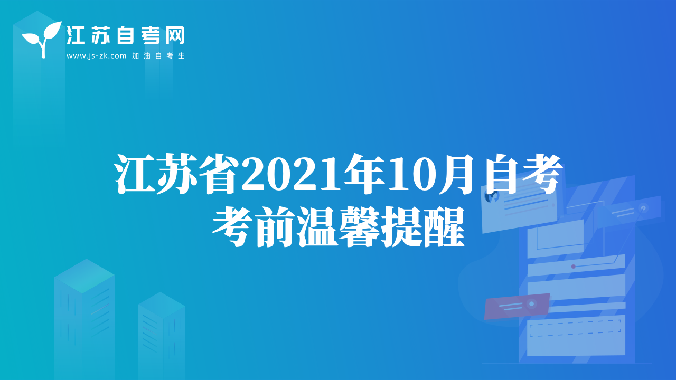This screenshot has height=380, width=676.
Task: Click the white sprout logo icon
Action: (42, 39)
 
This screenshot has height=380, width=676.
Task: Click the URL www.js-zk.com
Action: (96, 56)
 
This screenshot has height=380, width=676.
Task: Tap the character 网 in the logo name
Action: (175, 35)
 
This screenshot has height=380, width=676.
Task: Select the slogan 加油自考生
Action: (158, 56)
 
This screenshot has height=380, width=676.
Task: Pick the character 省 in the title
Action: (218, 174)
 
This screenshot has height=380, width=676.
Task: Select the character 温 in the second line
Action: (317, 227)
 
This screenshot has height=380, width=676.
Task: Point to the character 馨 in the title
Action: (360, 227)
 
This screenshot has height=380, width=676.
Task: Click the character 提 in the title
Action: (402, 227)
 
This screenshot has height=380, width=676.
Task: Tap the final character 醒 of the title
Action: (444, 227)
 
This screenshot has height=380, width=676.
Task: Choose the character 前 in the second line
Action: (275, 227)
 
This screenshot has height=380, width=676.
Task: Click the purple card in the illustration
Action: (517, 306)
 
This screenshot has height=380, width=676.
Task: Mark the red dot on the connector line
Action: (574, 267)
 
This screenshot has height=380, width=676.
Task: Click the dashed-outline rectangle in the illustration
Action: (575, 328)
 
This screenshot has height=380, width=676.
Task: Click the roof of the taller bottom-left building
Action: (84, 275)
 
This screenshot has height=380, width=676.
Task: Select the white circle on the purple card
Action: (531, 303)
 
